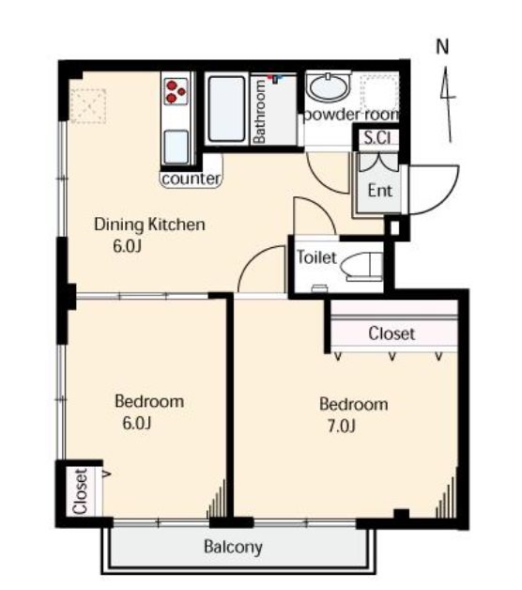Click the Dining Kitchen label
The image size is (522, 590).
point(149,225)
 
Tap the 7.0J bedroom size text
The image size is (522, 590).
point(341,427)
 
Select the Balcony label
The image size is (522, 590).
point(233,547)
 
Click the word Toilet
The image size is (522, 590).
point(316,257)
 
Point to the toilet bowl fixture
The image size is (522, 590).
point(361,267)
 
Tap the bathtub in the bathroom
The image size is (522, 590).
point(226,109)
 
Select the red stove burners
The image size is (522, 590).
point(176,91)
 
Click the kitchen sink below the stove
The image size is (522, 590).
point(176,147)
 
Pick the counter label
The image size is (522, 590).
point(191,179)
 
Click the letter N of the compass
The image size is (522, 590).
point(442,47)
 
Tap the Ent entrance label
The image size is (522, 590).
point(380,191)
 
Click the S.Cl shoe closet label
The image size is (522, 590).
point(377,138)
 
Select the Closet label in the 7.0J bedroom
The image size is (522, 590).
point(391,334)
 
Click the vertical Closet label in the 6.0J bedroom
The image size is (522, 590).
point(81,491)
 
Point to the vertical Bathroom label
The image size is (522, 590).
point(259,112)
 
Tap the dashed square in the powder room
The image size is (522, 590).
point(379,92)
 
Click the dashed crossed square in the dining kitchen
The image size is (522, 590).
point(88,106)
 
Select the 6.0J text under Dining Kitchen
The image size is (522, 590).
point(127,246)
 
